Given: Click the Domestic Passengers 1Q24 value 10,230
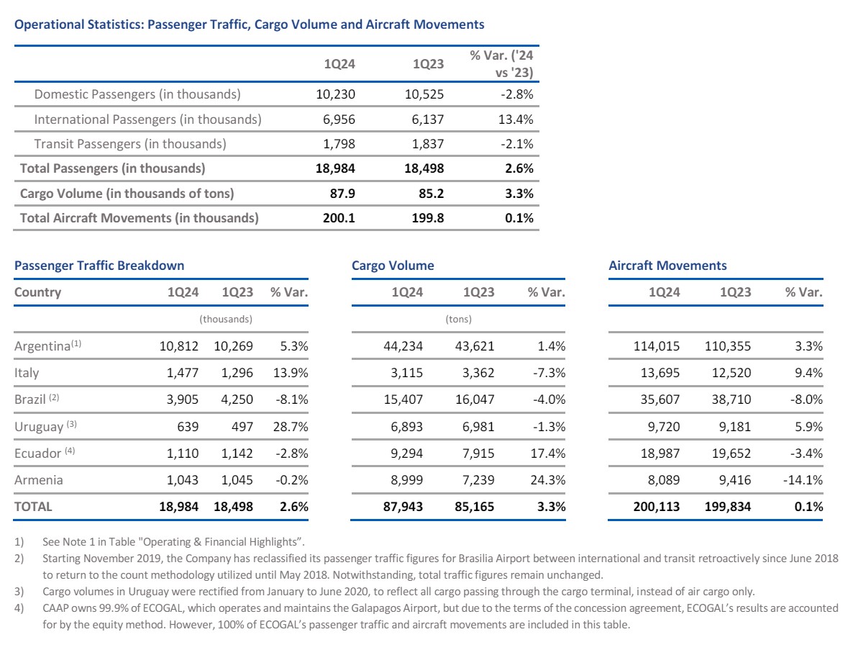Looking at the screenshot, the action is click(335, 94).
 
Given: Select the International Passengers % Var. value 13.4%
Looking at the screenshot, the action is click(516, 119).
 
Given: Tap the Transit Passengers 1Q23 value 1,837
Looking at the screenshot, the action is click(428, 144).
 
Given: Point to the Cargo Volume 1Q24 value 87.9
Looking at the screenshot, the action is click(342, 194).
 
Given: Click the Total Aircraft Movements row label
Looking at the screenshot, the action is click(140, 218).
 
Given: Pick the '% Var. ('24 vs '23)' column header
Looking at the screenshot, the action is click(501, 64).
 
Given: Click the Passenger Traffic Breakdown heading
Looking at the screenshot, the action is click(99, 265).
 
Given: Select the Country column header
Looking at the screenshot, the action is click(37, 292).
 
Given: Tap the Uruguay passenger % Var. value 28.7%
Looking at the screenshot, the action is click(291, 426).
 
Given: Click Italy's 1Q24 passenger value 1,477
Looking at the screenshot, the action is click(183, 373).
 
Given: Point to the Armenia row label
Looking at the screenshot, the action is click(39, 479).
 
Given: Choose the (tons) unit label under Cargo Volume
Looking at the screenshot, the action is click(459, 319).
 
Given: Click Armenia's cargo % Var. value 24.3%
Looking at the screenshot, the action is click(548, 479).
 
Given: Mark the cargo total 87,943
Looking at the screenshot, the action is click(403, 506).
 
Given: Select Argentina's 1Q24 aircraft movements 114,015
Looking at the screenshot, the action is click(657, 346).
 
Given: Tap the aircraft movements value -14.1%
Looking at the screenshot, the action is click(803, 479).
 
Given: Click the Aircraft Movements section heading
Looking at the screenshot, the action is click(667, 265).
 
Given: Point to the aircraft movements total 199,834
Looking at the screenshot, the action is click(728, 506).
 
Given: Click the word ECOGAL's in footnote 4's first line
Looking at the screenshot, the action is click(711, 608).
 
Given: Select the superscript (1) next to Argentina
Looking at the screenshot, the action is click(76, 343).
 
